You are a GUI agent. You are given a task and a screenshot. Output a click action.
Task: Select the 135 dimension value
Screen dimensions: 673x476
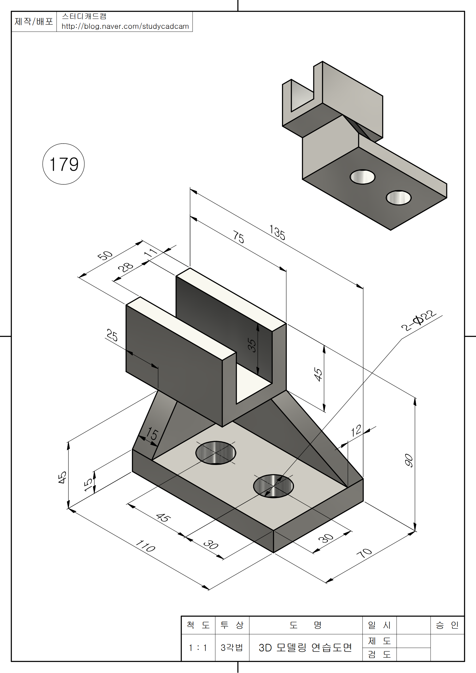point(277,232)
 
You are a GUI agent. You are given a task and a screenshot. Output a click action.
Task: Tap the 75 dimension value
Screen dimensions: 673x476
point(239,237)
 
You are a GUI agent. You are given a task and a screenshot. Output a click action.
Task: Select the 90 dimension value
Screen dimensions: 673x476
point(409,460)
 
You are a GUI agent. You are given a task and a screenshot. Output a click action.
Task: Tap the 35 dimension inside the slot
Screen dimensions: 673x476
point(252,345)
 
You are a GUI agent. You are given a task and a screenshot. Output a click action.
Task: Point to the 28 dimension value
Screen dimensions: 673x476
point(126,267)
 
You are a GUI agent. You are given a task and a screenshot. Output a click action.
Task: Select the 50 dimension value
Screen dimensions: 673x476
point(105,255)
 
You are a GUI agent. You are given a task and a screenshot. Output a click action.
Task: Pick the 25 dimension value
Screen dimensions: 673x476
point(112,335)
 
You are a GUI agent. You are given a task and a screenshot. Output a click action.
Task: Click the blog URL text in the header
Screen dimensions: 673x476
point(125,26)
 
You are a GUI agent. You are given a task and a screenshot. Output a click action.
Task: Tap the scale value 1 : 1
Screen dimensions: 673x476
point(198,647)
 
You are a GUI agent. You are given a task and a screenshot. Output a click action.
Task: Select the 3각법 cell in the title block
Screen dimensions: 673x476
point(232,647)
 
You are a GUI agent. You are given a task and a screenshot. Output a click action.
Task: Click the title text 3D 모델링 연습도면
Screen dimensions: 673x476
point(305,647)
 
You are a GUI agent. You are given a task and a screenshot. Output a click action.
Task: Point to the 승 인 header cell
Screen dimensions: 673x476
point(447,625)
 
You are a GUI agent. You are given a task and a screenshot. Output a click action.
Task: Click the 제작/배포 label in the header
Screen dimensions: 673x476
point(34,21)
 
